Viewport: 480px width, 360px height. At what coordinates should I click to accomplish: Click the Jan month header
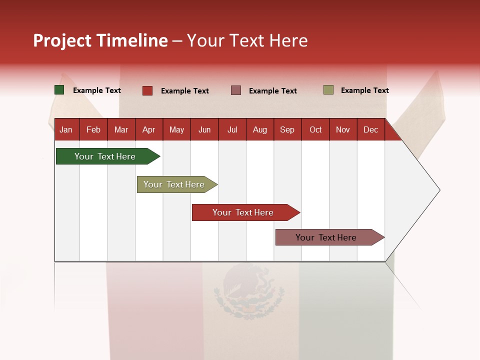tap(66, 130)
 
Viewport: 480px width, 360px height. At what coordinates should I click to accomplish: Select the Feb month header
tap(93, 130)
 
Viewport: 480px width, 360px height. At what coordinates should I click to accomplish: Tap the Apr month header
tap(148, 130)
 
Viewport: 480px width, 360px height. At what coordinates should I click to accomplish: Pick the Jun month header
tap(204, 130)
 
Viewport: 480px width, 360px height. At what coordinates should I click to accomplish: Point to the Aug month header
tap(259, 130)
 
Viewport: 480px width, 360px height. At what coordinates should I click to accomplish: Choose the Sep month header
tap(287, 130)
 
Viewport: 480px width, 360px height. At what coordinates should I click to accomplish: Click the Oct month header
tap(315, 130)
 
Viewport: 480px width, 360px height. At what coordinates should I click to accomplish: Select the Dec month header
tap(370, 130)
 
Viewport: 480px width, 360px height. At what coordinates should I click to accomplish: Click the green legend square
tap(59, 90)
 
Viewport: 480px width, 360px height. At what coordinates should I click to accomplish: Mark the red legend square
tap(147, 90)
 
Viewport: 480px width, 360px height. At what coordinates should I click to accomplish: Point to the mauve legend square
tap(236, 90)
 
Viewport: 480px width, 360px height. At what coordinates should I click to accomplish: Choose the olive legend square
tap(328, 90)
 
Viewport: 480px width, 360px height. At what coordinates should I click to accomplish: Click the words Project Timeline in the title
tap(100, 40)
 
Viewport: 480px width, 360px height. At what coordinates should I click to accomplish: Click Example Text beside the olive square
tap(364, 90)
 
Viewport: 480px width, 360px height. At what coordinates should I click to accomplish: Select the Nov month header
tap(343, 130)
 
